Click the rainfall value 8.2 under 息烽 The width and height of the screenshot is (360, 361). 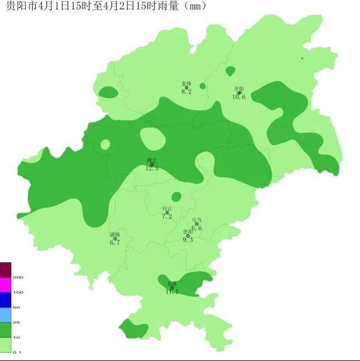tap(186, 92)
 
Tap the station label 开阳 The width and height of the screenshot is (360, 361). tap(239, 89)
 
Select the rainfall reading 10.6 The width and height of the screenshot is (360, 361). tap(239, 97)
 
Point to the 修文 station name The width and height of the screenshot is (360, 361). tap(152, 160)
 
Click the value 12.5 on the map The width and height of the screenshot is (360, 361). tap(152, 168)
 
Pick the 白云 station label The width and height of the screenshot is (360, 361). tap(167, 209)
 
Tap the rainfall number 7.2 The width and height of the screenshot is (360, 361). tap(167, 216)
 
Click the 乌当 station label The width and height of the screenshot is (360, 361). tap(196, 220)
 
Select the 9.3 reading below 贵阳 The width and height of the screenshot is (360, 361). tap(188, 239)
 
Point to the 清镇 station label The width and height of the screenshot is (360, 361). tap(115, 235)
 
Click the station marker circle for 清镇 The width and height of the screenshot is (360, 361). tap(115, 239)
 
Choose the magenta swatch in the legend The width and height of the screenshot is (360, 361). tap(5, 285)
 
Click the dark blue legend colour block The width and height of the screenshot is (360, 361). tap(5, 300)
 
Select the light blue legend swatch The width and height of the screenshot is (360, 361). tap(5, 315)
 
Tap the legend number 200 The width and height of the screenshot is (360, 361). tap(18, 277)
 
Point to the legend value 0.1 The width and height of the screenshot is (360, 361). tap(17, 352)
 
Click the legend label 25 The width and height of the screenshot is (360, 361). tap(16, 323)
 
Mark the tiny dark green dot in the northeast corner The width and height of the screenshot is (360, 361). tap(302, 58)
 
